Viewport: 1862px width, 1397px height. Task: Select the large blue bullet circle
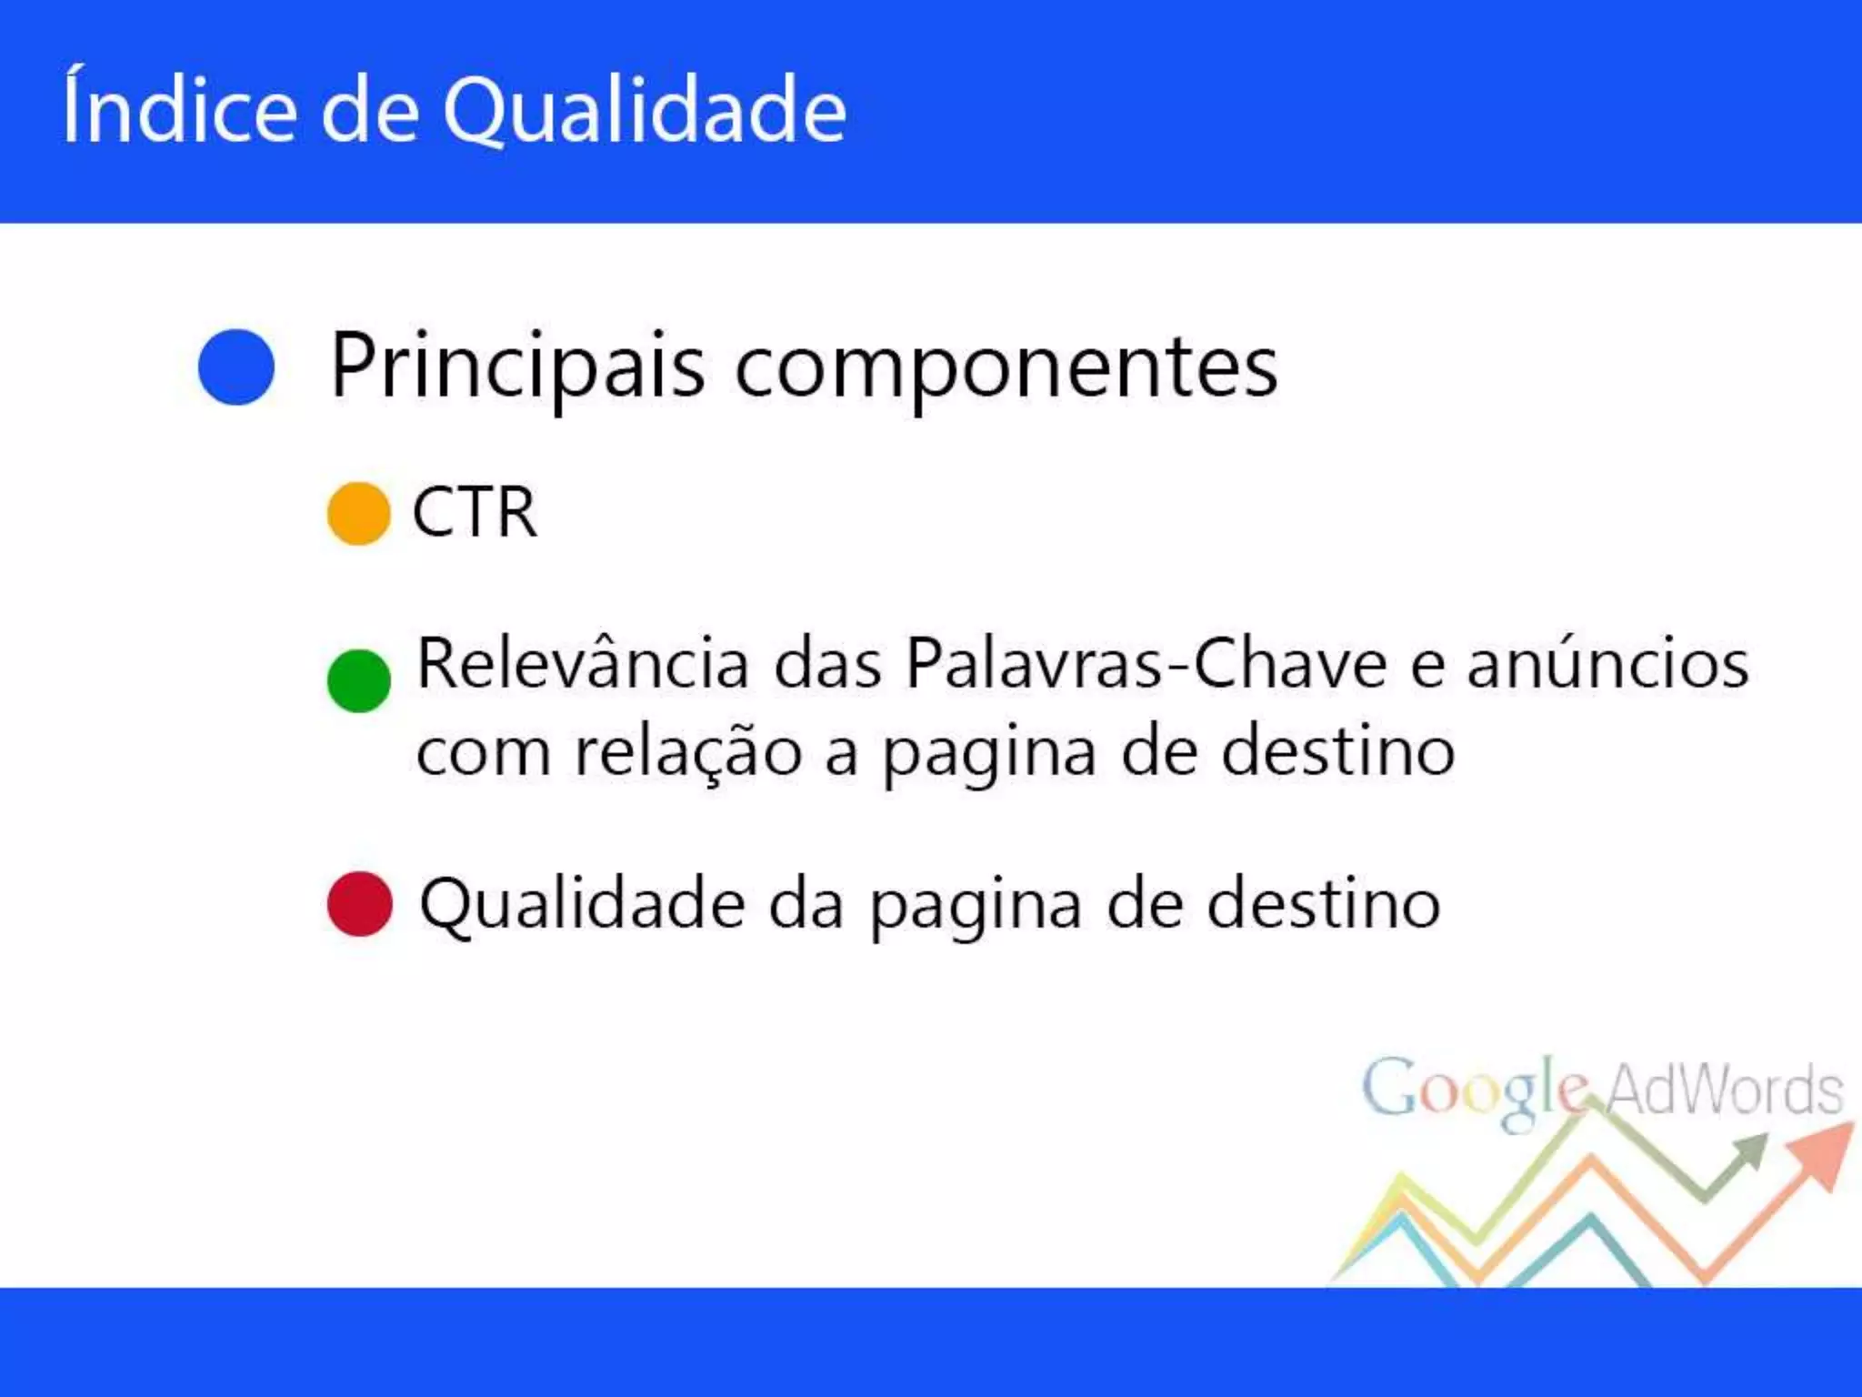[236, 367]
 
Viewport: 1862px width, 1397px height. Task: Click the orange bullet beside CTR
[359, 514]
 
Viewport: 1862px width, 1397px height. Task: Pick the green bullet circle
[359, 680]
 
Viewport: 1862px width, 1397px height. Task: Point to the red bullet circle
[360, 904]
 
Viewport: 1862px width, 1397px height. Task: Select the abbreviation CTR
[475, 513]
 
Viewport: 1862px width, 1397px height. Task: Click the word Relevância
[583, 664]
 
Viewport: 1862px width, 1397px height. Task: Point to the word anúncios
[1607, 664]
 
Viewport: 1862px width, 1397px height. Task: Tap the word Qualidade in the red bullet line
[582, 905]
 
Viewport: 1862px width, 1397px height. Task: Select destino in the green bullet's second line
[1337, 753]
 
